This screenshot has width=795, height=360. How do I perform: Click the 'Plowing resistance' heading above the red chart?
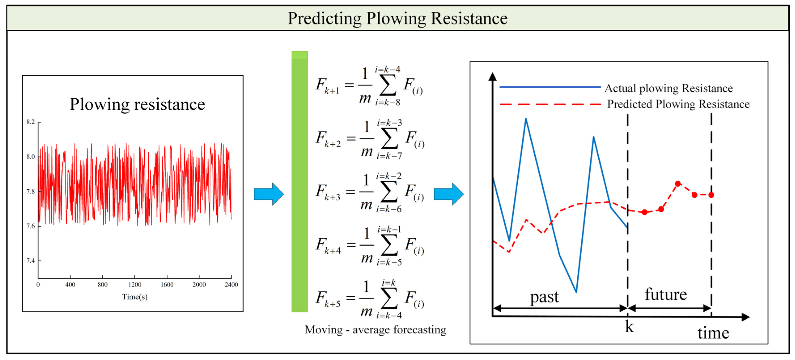tap(137, 104)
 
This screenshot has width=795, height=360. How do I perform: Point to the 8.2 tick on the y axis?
tap(31, 122)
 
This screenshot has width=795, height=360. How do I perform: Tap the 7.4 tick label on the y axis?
tap(31, 261)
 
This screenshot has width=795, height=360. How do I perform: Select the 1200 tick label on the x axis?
tap(135, 284)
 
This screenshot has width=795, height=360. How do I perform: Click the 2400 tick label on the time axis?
tap(231, 284)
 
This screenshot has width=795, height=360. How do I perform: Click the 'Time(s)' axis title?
tap(135, 297)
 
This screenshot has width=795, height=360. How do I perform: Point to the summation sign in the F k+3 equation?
tap(389, 192)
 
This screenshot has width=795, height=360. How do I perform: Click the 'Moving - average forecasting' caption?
tap(375, 330)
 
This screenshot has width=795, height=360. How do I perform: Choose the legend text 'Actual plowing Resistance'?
tap(668, 88)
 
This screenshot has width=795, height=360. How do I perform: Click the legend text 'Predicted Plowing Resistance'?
tap(678, 104)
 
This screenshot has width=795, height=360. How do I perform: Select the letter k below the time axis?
tap(629, 327)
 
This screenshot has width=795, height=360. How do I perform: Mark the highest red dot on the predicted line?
tap(678, 184)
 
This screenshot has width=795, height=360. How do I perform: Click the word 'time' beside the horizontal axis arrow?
tap(713, 333)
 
